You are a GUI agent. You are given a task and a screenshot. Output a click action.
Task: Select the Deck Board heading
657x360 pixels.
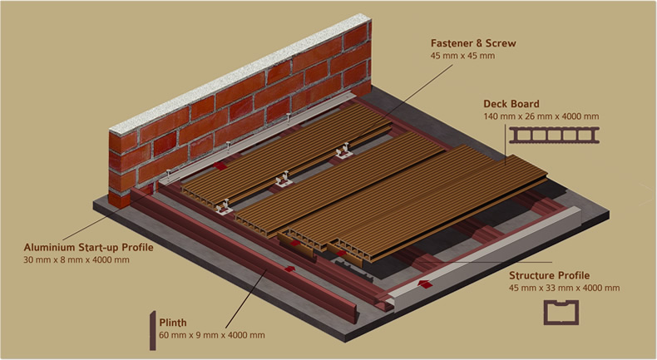[511, 104]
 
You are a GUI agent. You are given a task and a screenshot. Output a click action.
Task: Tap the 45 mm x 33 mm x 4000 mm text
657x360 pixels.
[564, 288]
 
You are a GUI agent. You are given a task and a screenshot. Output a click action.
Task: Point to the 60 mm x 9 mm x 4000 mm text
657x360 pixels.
[212, 335]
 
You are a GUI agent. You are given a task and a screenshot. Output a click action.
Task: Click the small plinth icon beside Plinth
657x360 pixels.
[152, 328]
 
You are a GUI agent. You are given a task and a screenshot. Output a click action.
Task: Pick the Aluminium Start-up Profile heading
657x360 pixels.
[88, 247]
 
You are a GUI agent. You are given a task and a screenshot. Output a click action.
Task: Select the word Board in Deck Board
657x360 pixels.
[526, 104]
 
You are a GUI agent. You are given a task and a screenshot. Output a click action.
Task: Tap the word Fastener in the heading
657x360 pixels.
[454, 42]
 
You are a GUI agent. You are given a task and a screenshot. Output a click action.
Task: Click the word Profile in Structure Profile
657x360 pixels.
[575, 274]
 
